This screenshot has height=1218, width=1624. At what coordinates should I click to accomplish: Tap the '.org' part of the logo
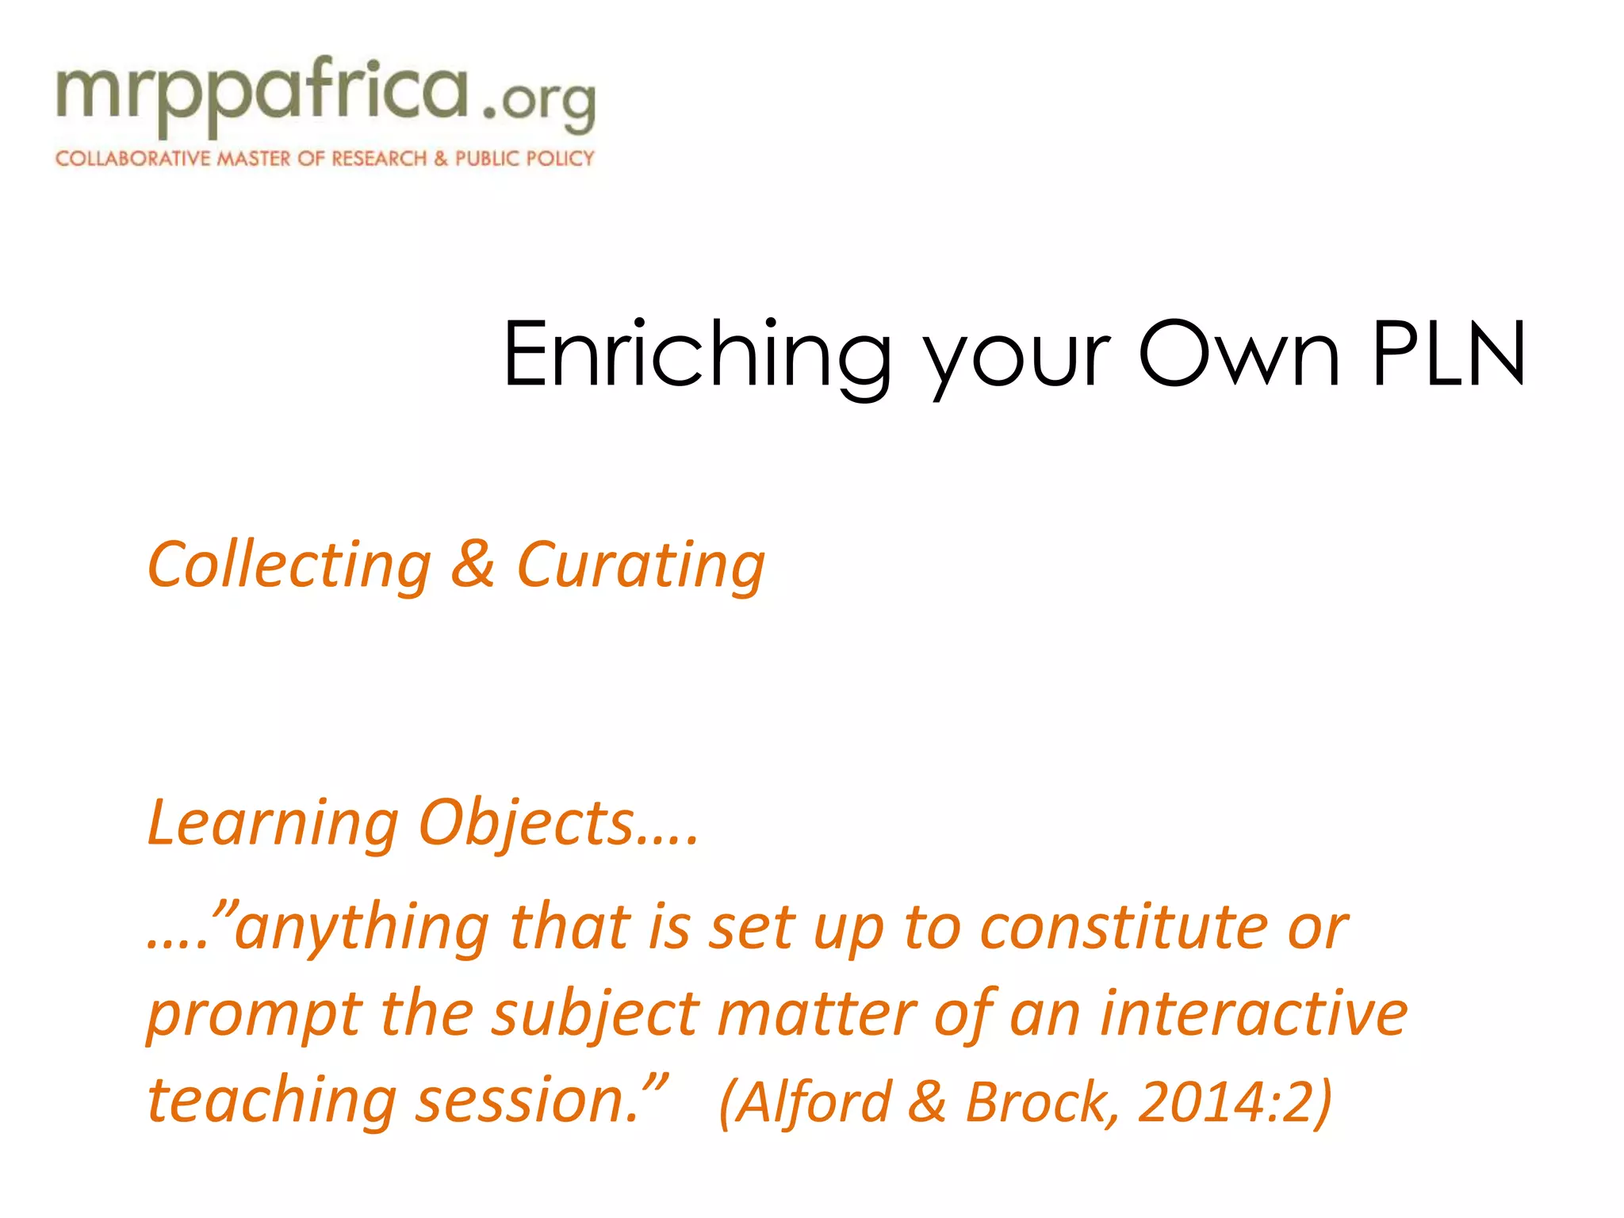[539, 103]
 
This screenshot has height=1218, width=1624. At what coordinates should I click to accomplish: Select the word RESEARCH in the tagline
[379, 159]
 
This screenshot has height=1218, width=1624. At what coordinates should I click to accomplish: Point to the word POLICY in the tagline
[560, 159]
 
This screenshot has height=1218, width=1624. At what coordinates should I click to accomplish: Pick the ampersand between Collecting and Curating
[473, 565]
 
